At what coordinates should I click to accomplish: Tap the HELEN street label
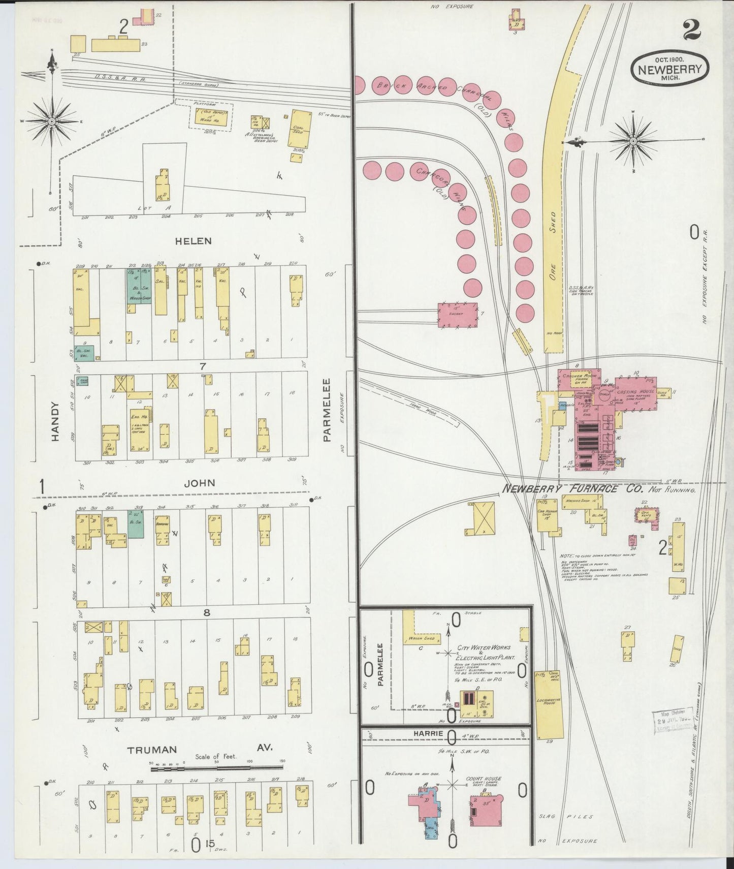coord(193,241)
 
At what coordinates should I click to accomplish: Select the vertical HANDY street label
coord(55,421)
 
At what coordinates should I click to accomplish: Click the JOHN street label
coord(199,483)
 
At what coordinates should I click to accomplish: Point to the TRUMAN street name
coord(152,750)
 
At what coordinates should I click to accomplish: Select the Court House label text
coord(483,779)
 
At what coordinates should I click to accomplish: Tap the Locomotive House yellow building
coord(549,703)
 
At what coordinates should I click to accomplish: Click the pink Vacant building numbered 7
coord(458,315)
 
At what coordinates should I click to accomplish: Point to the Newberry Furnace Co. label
coord(572,489)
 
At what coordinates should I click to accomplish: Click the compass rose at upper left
coord(52,121)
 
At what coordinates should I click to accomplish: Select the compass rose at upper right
coord(633,140)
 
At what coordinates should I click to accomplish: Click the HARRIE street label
coord(428,734)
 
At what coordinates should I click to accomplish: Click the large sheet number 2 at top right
coord(692,30)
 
